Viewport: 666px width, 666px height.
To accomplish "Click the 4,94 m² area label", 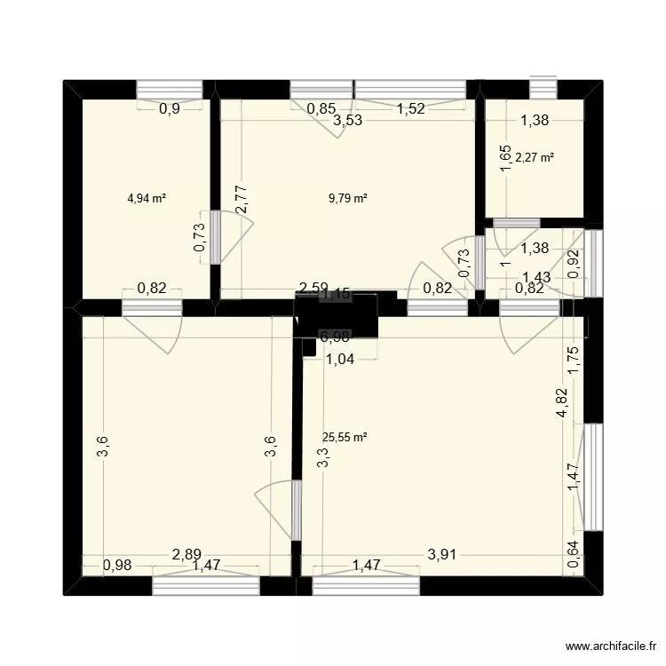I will coord(147,199).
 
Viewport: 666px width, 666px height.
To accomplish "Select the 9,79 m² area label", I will coord(348,199).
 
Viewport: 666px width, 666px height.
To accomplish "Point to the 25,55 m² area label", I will coord(345,437).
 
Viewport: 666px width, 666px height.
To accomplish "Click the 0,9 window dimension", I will coord(170,109).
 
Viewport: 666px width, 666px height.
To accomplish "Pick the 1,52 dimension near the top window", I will coord(411,109).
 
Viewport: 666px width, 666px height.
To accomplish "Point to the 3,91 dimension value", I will coord(444,555).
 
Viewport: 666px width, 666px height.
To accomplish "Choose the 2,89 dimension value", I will coord(187,555).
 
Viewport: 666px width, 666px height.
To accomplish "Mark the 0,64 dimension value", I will coord(573,555).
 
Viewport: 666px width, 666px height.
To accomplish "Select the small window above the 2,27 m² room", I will coord(542,89).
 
